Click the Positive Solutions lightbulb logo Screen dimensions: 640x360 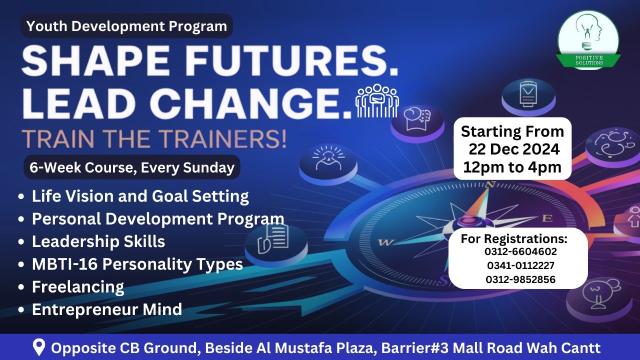(x=588, y=39)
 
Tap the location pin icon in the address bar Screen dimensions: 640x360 (x=39, y=347)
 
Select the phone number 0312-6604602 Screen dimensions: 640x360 (x=520, y=251)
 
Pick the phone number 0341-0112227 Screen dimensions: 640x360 (x=520, y=265)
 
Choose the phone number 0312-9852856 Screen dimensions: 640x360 (x=520, y=279)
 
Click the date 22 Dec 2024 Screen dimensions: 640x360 (x=513, y=149)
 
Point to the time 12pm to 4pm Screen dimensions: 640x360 (x=512, y=167)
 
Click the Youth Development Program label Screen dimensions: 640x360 (x=127, y=26)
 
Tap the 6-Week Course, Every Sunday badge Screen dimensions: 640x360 (x=132, y=167)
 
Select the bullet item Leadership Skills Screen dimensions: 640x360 (x=98, y=241)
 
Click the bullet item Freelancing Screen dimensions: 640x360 (x=78, y=286)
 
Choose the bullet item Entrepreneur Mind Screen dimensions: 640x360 (x=107, y=309)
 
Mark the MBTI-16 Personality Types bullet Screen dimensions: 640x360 (x=137, y=264)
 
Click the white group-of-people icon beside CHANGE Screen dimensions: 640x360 (x=377, y=100)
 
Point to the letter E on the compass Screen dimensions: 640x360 (x=547, y=218)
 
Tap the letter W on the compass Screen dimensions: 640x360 (x=385, y=242)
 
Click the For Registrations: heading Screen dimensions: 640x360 (x=514, y=238)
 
